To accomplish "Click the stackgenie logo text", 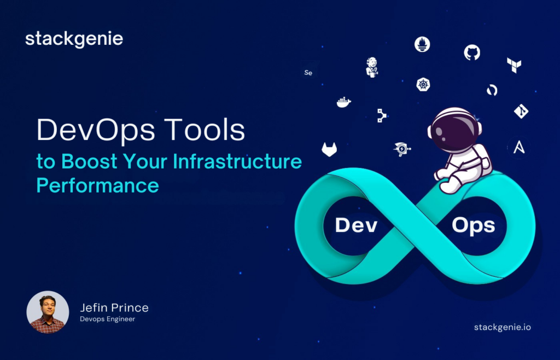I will tap(74, 39).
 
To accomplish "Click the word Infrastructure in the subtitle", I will tap(237, 162).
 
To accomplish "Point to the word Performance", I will tap(97, 185).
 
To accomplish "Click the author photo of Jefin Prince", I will tap(48, 312).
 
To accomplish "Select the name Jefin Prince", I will tap(114, 307).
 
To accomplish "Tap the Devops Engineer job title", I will tap(107, 319).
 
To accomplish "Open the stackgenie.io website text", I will tap(502, 327).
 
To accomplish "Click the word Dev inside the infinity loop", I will tap(356, 225).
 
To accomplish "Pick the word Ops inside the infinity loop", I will tap(473, 225).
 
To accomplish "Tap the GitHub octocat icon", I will tap(472, 53).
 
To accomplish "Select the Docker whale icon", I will tap(343, 102).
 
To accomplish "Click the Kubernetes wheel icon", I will tap(423, 84).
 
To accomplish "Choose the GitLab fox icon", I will tap(329, 149).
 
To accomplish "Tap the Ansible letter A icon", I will tap(518, 146).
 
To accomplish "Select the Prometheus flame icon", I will tap(422, 44).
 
